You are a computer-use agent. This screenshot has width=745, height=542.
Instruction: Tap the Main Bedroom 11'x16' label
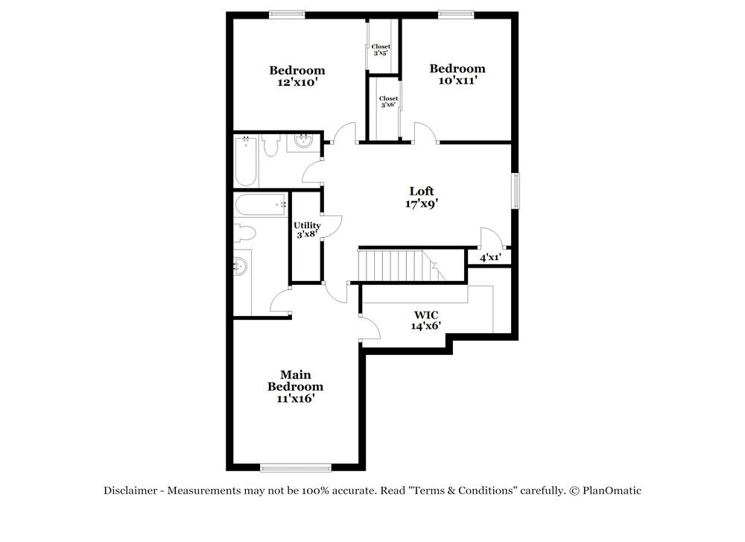tap(296, 386)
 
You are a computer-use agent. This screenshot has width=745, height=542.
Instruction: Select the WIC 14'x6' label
tap(426, 320)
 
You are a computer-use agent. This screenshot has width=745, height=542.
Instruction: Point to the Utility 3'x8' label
tap(307, 230)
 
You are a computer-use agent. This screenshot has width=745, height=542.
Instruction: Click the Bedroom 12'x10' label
tap(297, 76)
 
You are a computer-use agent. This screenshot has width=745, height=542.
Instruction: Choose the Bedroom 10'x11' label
tap(457, 74)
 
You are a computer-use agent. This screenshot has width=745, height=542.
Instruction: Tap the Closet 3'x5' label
tap(381, 49)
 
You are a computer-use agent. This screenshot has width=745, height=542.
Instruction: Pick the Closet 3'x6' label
tap(388, 101)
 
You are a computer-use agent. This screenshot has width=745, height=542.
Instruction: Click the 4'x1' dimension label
tap(489, 257)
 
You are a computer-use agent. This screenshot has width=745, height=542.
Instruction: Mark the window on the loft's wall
tap(515, 191)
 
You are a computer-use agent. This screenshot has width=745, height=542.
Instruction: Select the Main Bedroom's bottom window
tap(295, 467)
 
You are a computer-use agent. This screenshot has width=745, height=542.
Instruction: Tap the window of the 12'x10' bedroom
tap(287, 13)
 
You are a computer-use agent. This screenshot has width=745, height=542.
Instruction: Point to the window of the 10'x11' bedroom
tap(456, 13)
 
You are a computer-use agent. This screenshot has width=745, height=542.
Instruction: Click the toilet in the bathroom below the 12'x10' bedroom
tap(270, 145)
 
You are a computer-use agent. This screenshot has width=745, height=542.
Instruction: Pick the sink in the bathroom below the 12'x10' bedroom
tap(303, 142)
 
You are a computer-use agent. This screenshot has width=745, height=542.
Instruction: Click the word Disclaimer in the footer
tap(130, 491)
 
